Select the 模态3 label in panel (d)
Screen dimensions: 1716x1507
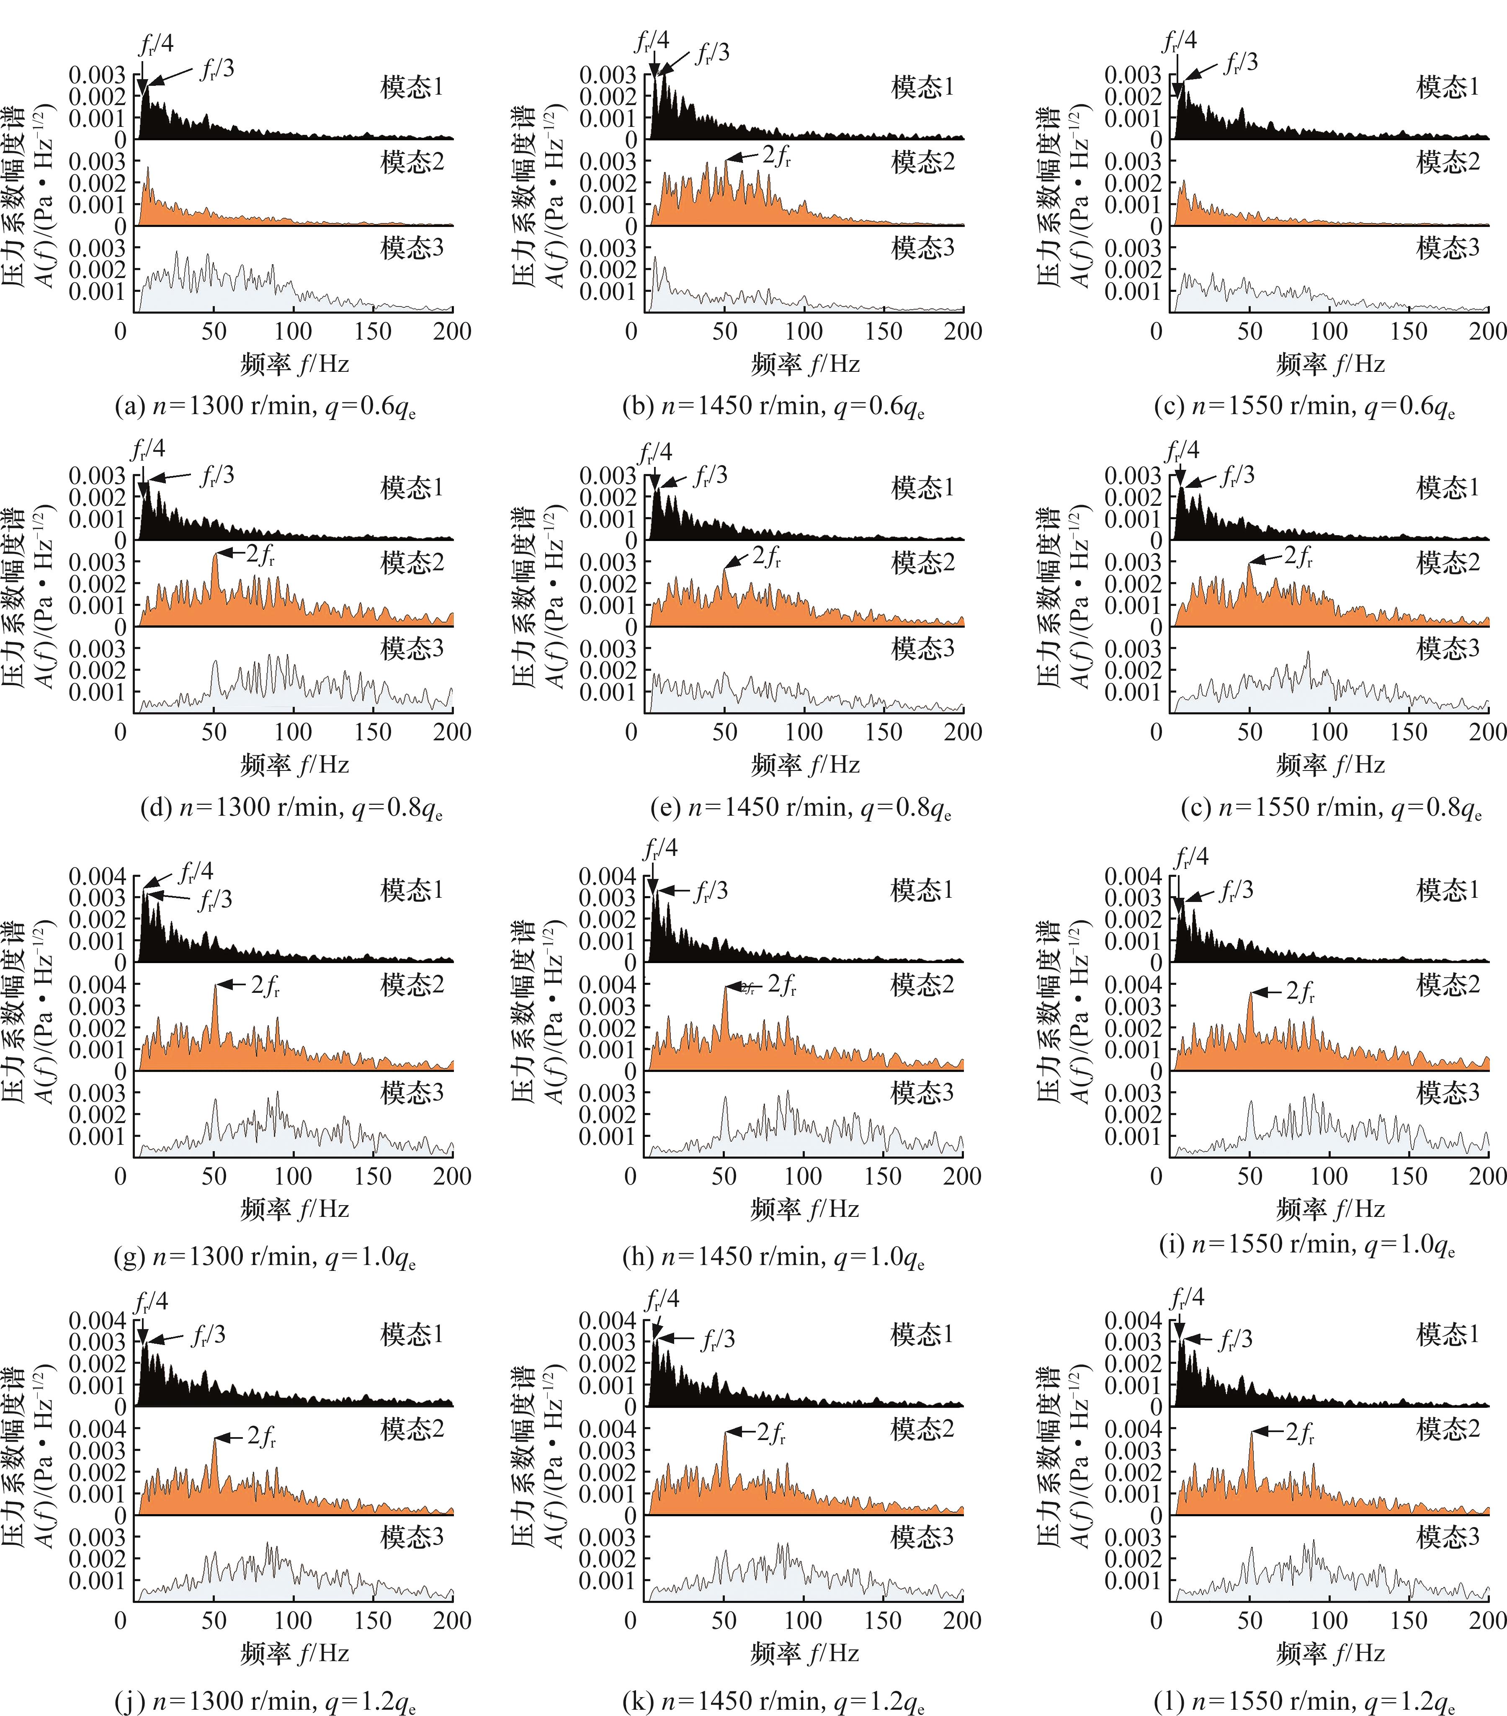[411, 648]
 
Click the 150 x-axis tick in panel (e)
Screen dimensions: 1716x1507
[883, 732]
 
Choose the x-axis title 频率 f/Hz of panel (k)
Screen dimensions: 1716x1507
[804, 1653]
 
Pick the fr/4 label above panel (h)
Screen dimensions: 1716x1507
[660, 849]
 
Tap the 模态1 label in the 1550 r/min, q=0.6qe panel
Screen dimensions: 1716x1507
[1448, 87]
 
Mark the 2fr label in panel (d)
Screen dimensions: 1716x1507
[260, 555]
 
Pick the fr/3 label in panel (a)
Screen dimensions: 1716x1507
[216, 69]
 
